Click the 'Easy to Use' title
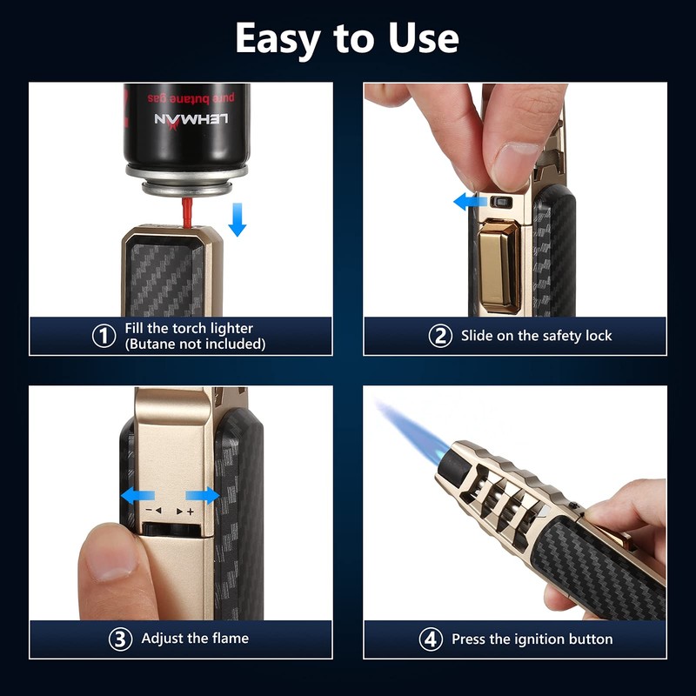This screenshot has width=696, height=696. click(x=347, y=38)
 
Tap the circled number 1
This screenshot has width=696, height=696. click(x=104, y=336)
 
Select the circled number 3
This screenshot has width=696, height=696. click(x=120, y=639)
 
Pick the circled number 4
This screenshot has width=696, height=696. click(x=431, y=639)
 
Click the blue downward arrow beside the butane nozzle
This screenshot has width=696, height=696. click(x=237, y=220)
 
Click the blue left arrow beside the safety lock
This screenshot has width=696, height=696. click(x=470, y=202)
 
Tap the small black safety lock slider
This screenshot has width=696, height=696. click(x=500, y=203)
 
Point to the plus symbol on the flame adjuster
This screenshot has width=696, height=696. click(x=190, y=512)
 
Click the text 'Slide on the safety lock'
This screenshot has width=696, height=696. click(x=536, y=336)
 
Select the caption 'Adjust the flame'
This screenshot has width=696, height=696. click(x=195, y=639)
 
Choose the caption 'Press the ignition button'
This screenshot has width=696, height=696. click(x=532, y=639)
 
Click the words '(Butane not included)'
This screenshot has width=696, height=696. click(x=195, y=344)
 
